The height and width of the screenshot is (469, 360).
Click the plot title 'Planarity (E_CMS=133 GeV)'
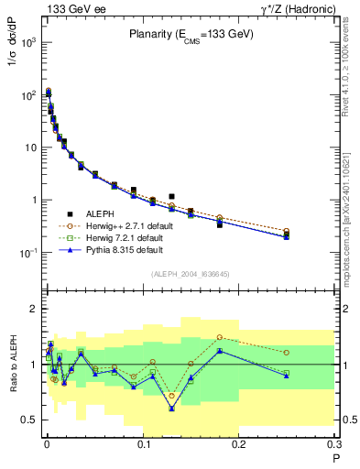coord(191,34)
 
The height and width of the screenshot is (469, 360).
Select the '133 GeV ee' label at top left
coord(70,9)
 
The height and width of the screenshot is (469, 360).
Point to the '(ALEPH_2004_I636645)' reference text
coord(190,274)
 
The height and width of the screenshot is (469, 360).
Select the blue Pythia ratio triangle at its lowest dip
coord(171,409)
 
